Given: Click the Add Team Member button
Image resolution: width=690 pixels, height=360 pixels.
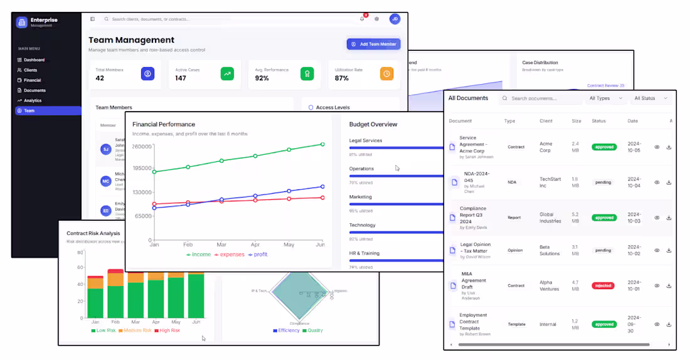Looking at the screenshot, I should [x=373, y=44].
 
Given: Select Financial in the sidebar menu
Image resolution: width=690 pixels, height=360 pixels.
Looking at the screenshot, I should [x=33, y=80].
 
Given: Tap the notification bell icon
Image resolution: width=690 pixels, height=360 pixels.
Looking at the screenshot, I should [x=362, y=19].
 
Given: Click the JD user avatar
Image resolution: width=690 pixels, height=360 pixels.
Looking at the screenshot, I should [x=395, y=19].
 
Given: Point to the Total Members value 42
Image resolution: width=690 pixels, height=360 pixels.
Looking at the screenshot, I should [x=100, y=78].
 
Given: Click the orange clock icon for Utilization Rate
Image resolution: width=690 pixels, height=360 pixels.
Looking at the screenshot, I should [x=387, y=73].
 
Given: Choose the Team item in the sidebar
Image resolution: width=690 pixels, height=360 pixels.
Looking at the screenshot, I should [x=29, y=110].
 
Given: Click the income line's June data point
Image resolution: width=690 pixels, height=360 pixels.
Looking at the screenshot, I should [x=322, y=144].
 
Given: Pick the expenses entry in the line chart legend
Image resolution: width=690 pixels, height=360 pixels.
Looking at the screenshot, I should [x=230, y=255].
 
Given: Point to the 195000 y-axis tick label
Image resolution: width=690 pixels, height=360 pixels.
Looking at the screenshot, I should [x=142, y=169].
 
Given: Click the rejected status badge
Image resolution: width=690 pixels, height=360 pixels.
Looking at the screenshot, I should [x=603, y=285].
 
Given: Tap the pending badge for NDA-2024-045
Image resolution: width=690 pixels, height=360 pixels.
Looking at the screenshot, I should [x=603, y=183].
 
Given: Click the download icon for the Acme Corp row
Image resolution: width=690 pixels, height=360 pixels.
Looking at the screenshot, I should [x=669, y=147].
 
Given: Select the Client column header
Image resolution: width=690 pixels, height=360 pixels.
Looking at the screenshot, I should [x=546, y=121].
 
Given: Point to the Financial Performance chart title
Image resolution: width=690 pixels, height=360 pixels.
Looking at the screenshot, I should [x=164, y=124].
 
